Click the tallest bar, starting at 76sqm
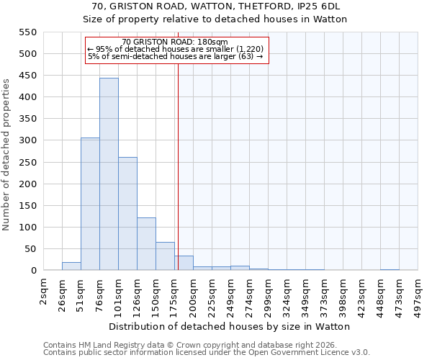click(109, 174)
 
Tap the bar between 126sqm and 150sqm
click(146, 244)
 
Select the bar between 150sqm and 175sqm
click(165, 256)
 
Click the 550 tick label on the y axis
click(27, 32)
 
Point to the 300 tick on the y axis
click(27, 140)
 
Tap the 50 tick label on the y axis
click(30, 249)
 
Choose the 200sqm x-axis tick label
click(194, 294)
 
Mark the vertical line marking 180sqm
click(178, 166)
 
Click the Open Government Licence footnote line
click(207, 352)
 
